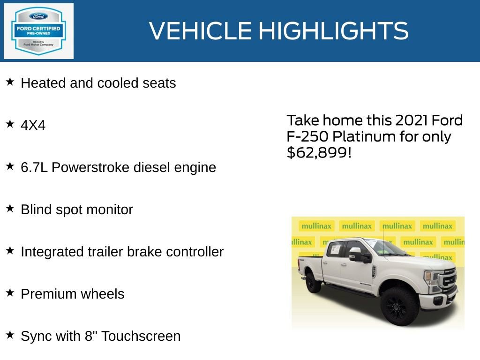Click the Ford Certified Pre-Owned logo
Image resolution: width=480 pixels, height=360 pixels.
(38, 31)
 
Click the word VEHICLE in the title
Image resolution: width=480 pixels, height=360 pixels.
(201, 31)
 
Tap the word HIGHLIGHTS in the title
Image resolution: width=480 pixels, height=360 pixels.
(333, 31)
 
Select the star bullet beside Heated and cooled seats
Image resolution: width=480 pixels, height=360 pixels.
(10, 82)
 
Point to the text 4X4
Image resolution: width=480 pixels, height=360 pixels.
(33, 125)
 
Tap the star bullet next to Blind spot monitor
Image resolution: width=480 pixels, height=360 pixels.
(10, 209)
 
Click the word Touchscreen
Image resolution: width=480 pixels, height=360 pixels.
(141, 336)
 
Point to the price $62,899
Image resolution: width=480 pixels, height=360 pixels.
(319, 152)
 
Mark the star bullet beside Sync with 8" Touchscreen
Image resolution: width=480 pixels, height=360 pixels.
(10, 335)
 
